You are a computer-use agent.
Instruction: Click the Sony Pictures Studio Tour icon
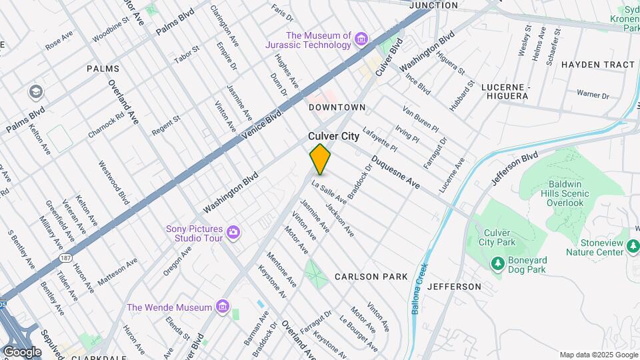[x=233, y=232]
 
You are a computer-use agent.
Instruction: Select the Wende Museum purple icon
[x=223, y=307]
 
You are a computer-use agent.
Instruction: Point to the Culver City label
[x=333, y=136]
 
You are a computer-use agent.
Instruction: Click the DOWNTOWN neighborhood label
[x=337, y=107]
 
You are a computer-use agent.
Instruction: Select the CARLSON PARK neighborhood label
[x=371, y=277]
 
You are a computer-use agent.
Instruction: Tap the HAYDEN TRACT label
[x=598, y=65]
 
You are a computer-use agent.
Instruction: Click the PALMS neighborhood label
[x=103, y=69]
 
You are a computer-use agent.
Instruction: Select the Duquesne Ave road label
[x=395, y=172]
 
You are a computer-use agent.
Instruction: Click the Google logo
[x=22, y=351]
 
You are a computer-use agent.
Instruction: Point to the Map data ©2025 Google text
[x=598, y=355]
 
